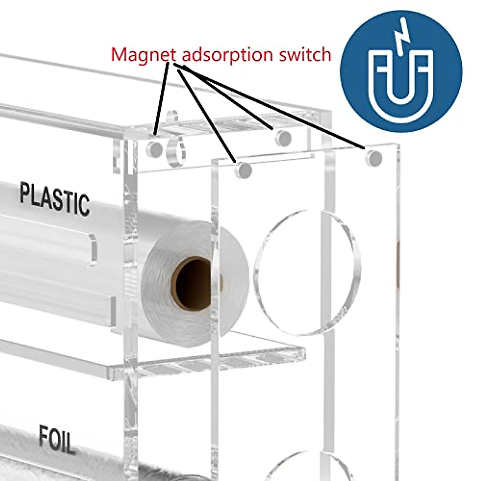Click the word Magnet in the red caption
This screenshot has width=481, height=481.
coord(143,54)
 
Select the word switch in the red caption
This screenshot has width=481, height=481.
coord(305,54)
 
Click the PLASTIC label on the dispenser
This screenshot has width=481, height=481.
coord(55,198)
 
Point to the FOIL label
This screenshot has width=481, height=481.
coord(57,440)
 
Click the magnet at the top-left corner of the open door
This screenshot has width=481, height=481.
coord(243,170)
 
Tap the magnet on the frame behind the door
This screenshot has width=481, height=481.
coord(283,137)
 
